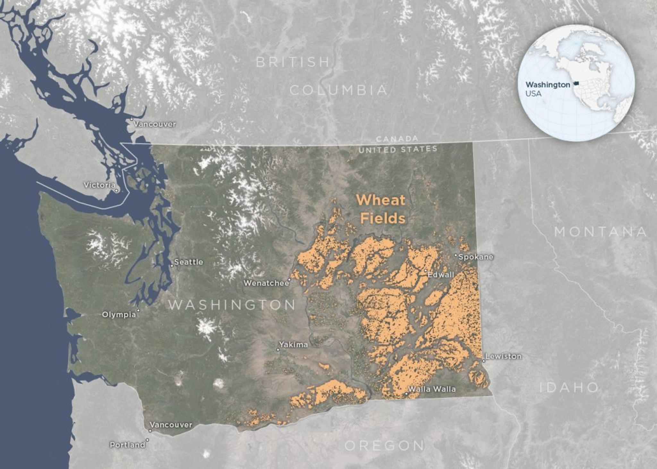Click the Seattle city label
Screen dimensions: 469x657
click(x=188, y=262)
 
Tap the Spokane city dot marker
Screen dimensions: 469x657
click(x=456, y=255)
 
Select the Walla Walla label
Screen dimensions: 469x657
click(x=432, y=389)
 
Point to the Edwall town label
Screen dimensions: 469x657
click(x=441, y=275)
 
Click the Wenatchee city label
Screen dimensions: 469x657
click(x=266, y=283)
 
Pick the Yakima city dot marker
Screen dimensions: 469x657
click(x=278, y=350)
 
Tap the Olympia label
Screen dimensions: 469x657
click(x=119, y=315)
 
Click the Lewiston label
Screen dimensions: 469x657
click(x=503, y=356)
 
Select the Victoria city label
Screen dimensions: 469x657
click(x=99, y=185)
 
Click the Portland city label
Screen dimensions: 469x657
click(x=127, y=445)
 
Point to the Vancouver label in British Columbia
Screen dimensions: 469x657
click(x=155, y=124)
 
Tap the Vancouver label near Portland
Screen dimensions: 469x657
click(x=171, y=425)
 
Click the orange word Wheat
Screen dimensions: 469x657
click(x=381, y=200)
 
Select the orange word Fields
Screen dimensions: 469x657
click(x=383, y=218)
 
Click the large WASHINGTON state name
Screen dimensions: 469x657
click(x=232, y=305)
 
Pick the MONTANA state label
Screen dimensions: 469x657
click(x=601, y=232)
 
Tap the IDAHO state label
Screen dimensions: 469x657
click(x=569, y=388)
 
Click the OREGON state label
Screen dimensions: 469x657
click(x=384, y=445)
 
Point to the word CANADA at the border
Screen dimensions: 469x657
click(x=397, y=139)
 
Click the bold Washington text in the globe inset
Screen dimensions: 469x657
click(x=548, y=85)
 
